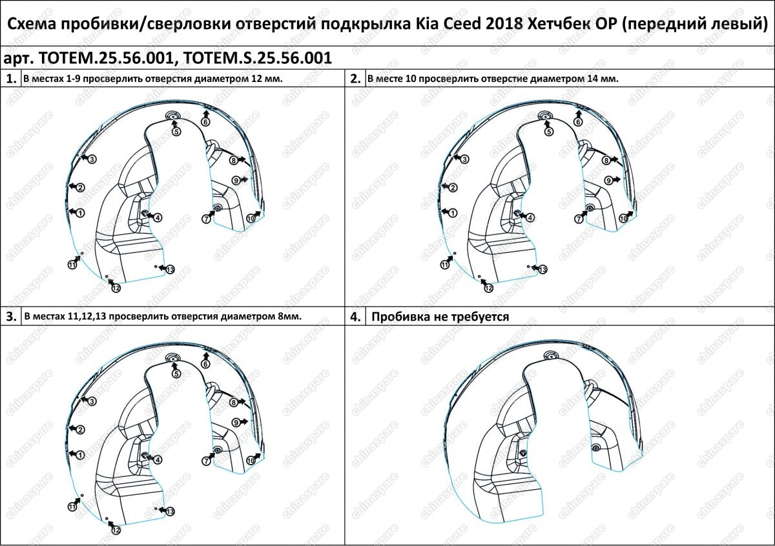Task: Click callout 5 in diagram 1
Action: [x=176, y=132]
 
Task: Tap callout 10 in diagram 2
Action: [x=623, y=219]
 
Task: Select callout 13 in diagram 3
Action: [x=170, y=511]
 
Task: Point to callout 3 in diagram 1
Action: [x=92, y=159]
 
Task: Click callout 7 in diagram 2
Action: [x=579, y=219]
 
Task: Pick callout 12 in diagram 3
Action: [x=116, y=529]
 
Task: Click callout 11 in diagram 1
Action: [x=72, y=265]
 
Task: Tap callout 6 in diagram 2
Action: [x=578, y=122]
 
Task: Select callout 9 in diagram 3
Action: [x=236, y=423]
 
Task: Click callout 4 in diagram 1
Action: [x=158, y=218]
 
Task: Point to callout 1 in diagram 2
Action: [x=453, y=213]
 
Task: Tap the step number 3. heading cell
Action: [x=11, y=316]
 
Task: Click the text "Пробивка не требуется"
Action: [x=440, y=317]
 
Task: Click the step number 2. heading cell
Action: [x=355, y=79]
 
